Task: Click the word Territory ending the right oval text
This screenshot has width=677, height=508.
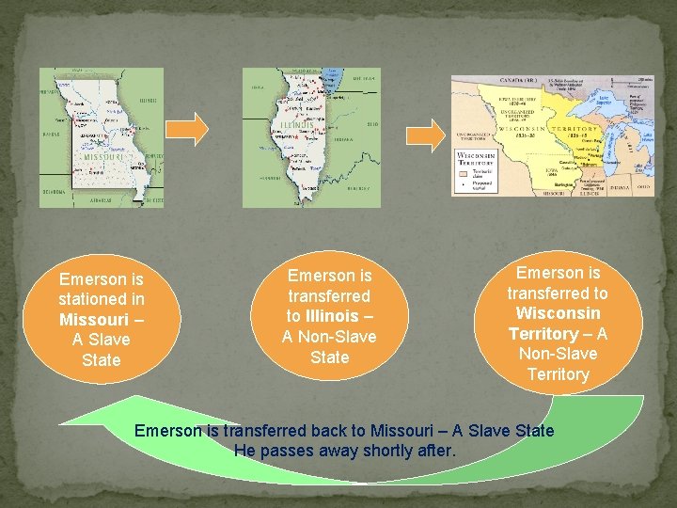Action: tap(558, 374)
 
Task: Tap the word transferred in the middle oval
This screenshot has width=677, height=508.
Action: tap(330, 296)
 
